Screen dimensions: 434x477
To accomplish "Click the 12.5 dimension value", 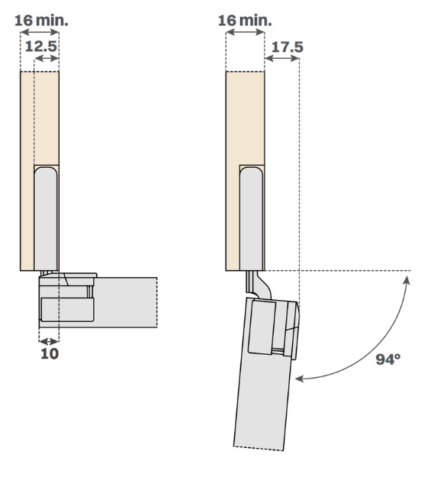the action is pos(41,47).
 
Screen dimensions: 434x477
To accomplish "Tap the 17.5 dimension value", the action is pos(288,47).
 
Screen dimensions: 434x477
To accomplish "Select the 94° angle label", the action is pos(388,359).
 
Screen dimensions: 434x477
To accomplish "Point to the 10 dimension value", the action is pos(50,353).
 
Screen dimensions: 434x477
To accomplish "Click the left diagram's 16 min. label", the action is pos(41,21).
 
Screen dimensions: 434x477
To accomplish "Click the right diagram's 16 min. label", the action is pos(245,21).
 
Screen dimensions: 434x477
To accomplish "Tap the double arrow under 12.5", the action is pos(47,58).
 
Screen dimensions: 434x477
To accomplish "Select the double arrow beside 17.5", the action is pos(282,58).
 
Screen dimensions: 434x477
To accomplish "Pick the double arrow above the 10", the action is pos(49,341).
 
